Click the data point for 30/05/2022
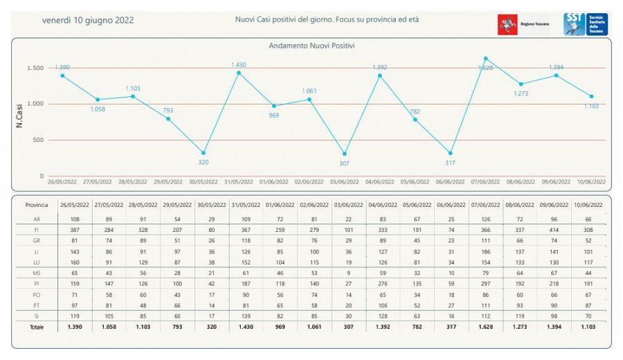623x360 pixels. (203, 153)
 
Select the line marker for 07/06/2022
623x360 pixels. (485, 58)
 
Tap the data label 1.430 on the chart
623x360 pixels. (238, 65)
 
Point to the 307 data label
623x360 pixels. (344, 163)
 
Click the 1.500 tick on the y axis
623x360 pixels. (35, 68)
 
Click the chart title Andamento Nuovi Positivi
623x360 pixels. (311, 46)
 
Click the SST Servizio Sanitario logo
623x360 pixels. (586, 24)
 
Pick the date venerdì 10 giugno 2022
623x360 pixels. (88, 20)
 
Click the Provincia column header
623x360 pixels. (36, 206)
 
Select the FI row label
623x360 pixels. (36, 229)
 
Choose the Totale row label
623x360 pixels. (36, 327)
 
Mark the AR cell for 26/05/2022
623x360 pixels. (76, 219)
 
